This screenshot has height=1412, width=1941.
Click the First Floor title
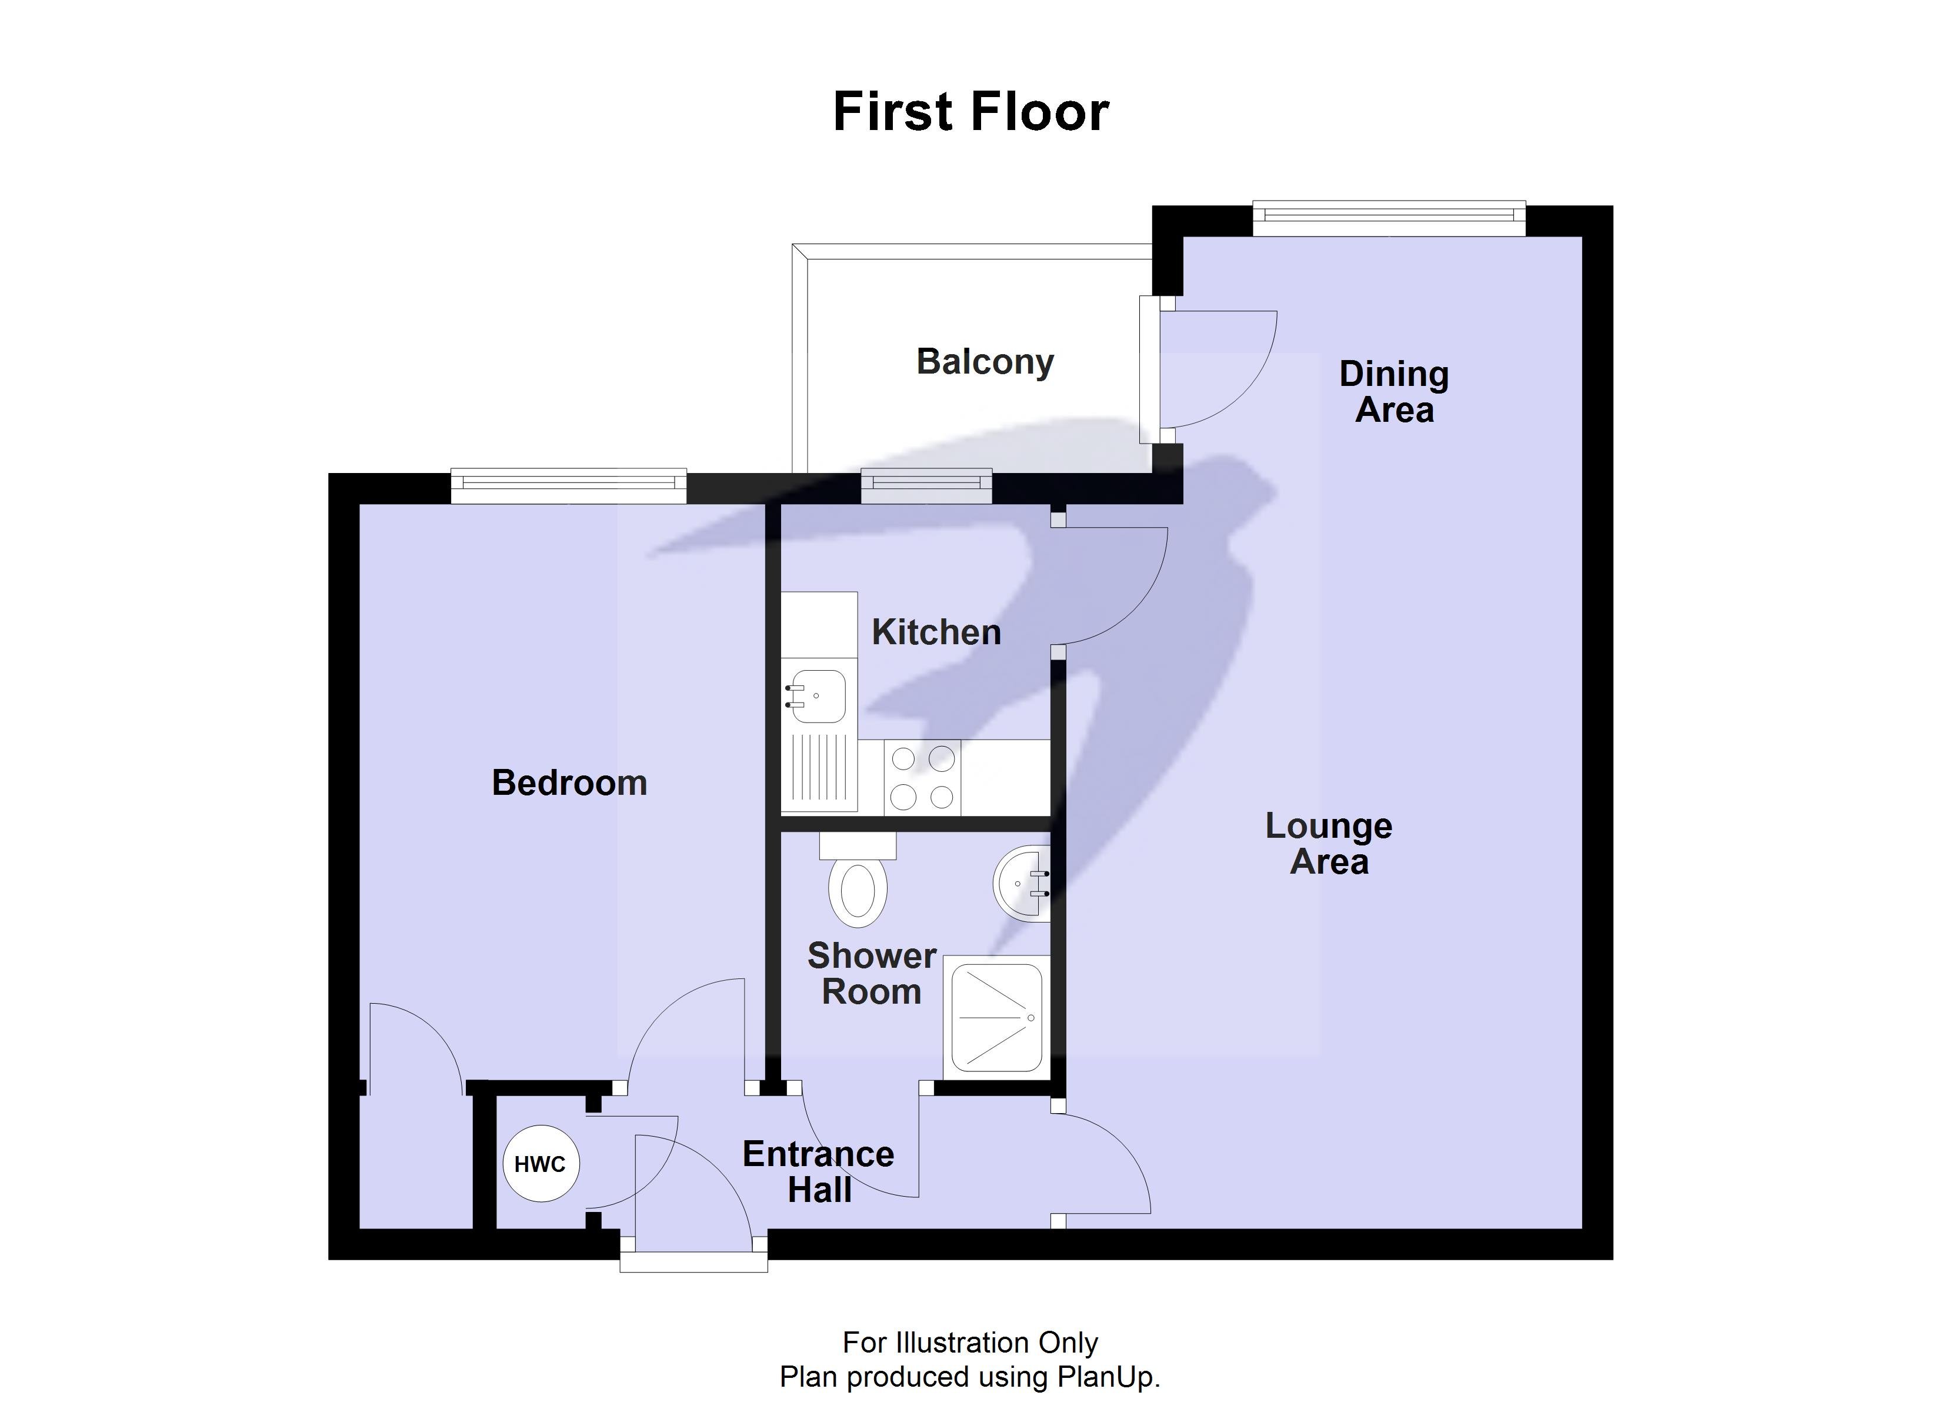click(x=970, y=112)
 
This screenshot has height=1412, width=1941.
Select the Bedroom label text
click(x=569, y=782)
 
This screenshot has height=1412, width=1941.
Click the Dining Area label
click(x=1394, y=392)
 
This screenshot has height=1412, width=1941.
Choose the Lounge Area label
click(x=1328, y=844)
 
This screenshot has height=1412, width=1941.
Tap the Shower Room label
click(x=872, y=974)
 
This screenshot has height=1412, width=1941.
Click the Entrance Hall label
click(x=819, y=1172)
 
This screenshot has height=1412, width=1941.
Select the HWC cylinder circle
click(x=540, y=1164)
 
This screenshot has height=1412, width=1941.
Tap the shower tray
click(x=997, y=1017)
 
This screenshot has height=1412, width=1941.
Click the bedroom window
click(x=568, y=487)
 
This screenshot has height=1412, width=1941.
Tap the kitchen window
click(x=926, y=487)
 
